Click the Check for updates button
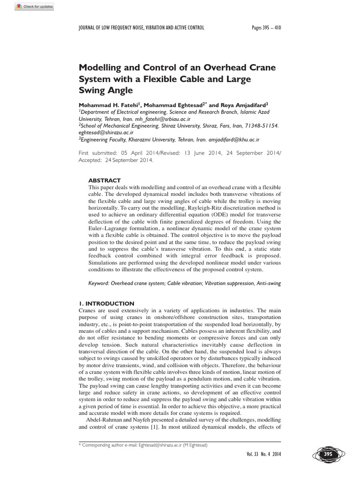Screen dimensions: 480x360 tap(34, 7)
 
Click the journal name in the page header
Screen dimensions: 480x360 tap(141, 28)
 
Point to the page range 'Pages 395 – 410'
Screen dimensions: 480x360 tap(266, 28)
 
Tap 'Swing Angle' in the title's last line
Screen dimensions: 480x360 tap(105, 90)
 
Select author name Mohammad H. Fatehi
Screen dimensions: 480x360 tap(109, 105)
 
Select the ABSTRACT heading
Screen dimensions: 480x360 tap(105, 180)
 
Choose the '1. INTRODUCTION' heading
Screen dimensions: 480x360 tap(106, 303)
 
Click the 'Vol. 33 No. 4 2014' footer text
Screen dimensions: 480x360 tap(263, 454)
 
